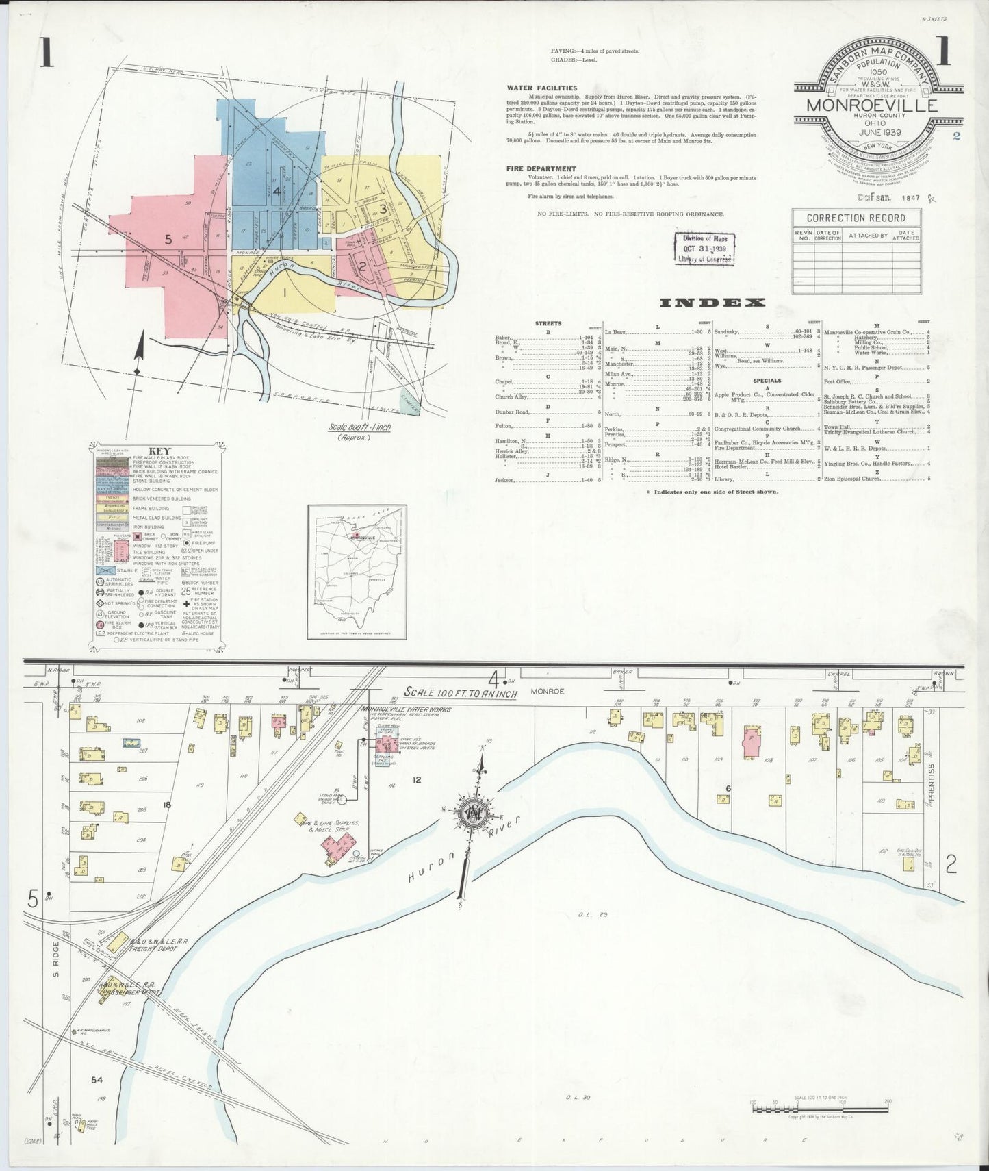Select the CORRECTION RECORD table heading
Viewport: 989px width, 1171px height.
click(x=856, y=218)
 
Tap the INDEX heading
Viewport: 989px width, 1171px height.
click(x=712, y=303)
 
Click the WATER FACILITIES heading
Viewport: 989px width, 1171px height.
click(x=541, y=88)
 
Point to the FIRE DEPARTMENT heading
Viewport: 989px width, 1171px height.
click(x=541, y=168)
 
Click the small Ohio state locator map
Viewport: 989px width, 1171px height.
click(x=357, y=571)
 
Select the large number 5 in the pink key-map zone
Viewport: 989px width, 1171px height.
click(x=168, y=239)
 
